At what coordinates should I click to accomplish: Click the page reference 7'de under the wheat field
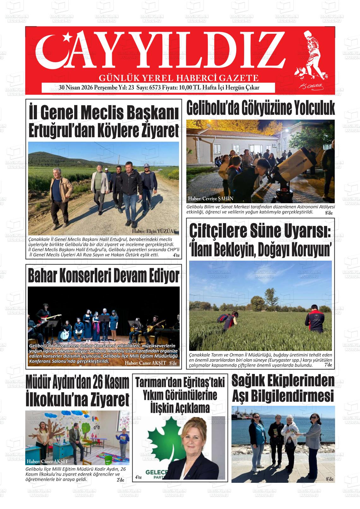point(328,365)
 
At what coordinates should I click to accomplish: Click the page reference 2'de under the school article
point(121,480)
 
